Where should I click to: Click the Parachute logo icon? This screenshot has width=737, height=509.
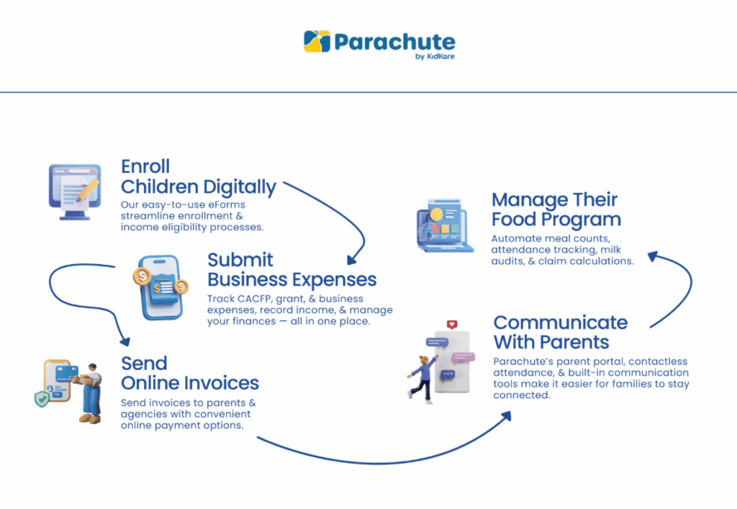point(317,41)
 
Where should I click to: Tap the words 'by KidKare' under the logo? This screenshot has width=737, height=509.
point(435,56)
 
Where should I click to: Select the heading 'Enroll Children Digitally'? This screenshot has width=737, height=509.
point(199,176)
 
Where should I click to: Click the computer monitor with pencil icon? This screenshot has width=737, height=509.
point(75,192)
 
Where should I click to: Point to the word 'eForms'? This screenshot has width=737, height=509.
point(228,205)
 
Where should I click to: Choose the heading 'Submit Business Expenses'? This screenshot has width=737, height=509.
point(292,269)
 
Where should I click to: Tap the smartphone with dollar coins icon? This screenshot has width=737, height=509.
point(160,287)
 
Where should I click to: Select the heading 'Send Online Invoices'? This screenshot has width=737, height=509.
point(190,373)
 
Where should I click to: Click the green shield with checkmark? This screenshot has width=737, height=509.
point(42,399)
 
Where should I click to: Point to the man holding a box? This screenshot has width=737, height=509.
point(90,393)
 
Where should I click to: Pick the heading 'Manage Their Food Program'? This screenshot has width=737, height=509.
point(556,210)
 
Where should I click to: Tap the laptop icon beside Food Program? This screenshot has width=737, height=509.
point(445,225)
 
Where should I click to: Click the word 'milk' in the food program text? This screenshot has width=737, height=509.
point(610,250)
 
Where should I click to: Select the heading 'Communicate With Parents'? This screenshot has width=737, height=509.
point(560,333)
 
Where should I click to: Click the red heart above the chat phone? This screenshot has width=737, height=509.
point(452,324)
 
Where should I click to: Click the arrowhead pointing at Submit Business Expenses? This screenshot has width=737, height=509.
point(351,260)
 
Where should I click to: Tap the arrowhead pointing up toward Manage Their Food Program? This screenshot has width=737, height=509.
point(652,256)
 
